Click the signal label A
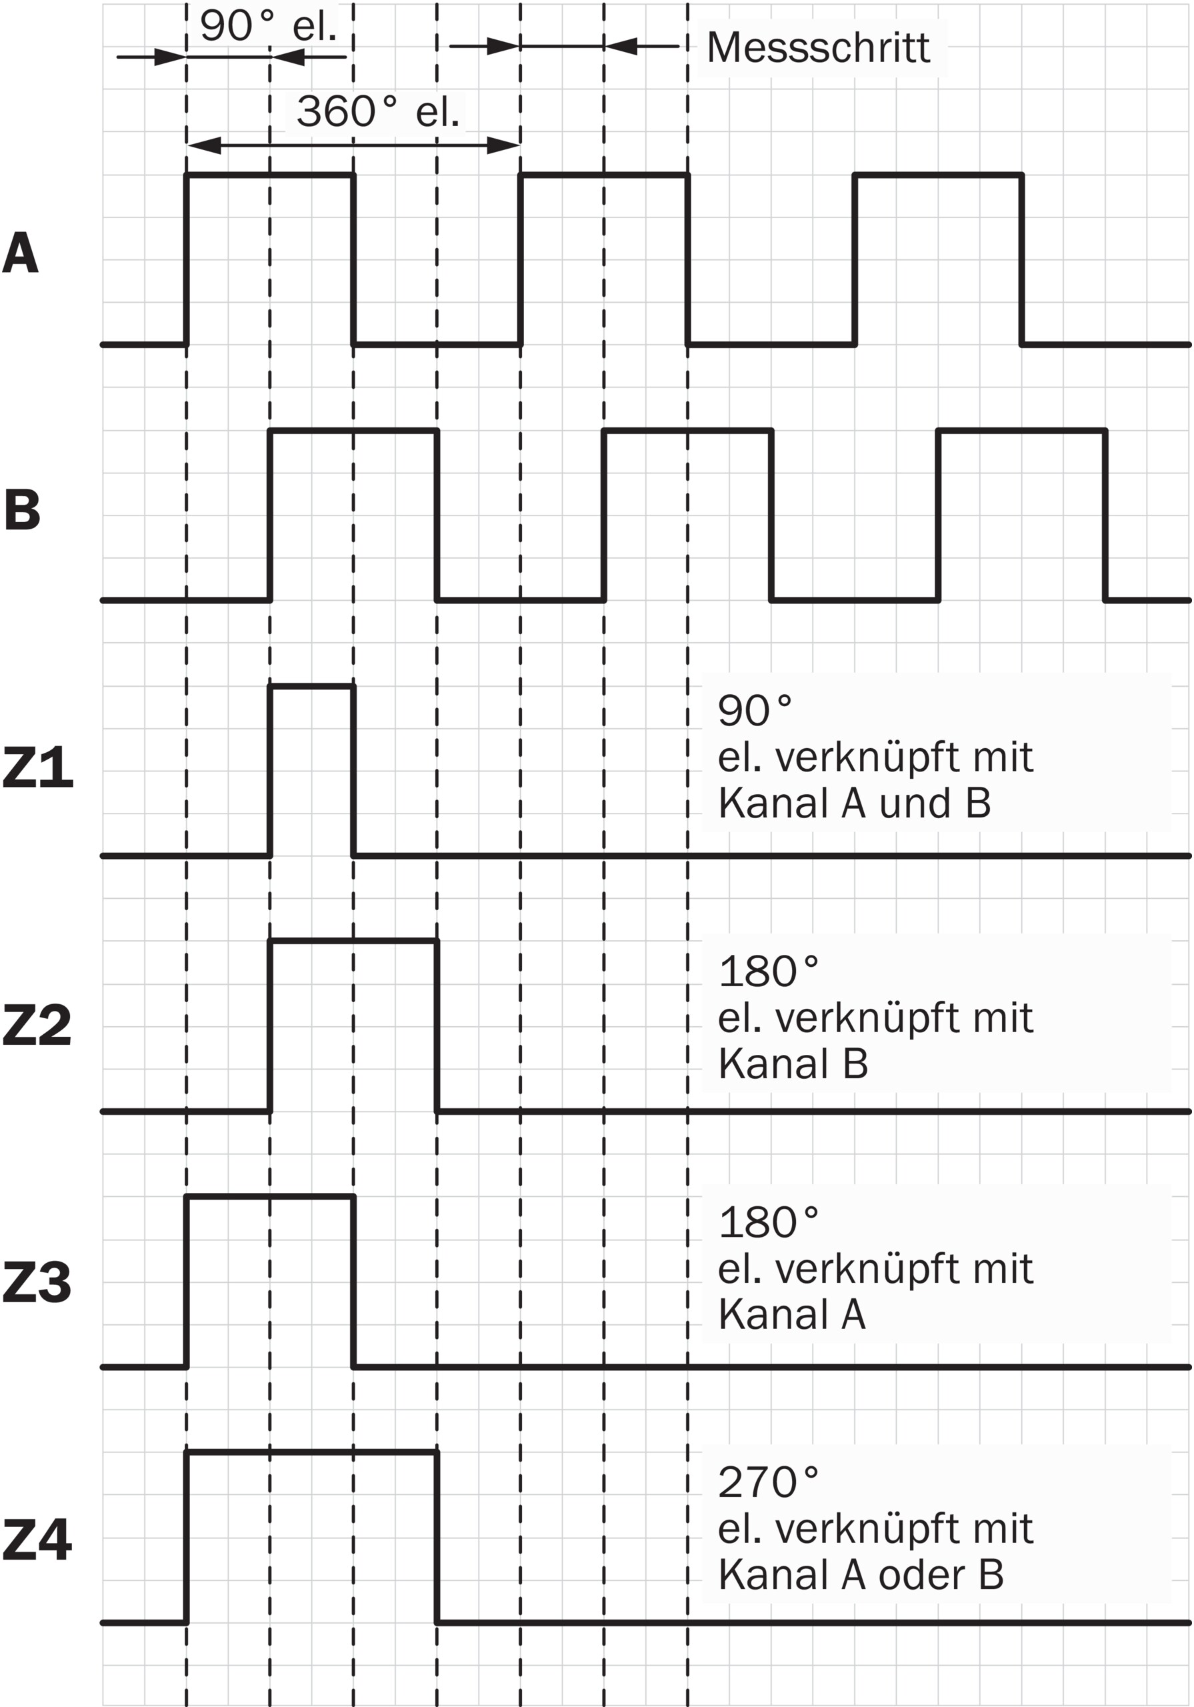pos(20,253)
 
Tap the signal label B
pos(21,510)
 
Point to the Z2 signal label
pos(37,1026)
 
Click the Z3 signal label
pos(37,1282)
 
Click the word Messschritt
pos(818,48)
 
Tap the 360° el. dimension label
pos(378,111)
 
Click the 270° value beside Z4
pos(768,1482)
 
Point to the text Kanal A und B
pos(854,803)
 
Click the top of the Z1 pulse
pos(311,686)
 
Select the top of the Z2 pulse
pos(353,942)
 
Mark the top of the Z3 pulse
pos(270,1196)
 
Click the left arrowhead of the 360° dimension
pos(205,146)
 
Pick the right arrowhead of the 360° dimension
pos(503,146)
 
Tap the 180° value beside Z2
pos(768,971)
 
